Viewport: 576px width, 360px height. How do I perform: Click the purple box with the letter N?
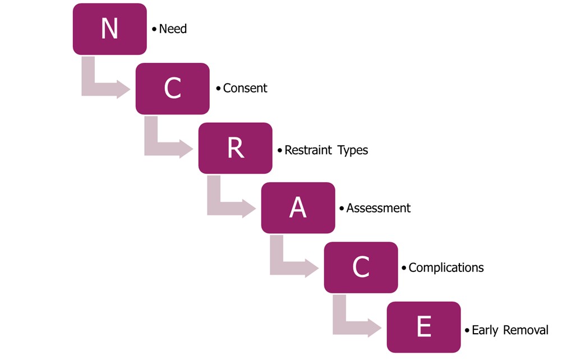pyautogui.click(x=109, y=29)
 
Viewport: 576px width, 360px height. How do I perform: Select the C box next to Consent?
pyautogui.click(x=173, y=89)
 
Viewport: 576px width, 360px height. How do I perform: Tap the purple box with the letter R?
pyautogui.click(x=236, y=148)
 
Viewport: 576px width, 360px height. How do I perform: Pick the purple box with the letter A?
pyautogui.click(x=298, y=208)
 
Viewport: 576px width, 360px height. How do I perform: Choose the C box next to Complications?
pyautogui.click(x=361, y=267)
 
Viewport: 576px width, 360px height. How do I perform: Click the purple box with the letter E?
pyautogui.click(x=424, y=327)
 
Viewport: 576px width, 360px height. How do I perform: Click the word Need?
pyautogui.click(x=173, y=29)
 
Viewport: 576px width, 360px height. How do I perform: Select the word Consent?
pyautogui.click(x=245, y=88)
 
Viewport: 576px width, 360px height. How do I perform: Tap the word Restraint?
pyautogui.click(x=308, y=150)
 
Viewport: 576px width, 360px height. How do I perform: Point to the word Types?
pyautogui.click(x=353, y=151)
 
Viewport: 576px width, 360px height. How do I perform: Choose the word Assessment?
pyautogui.click(x=379, y=208)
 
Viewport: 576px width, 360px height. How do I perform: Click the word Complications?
pyautogui.click(x=446, y=268)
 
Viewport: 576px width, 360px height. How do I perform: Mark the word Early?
pyautogui.click(x=485, y=330)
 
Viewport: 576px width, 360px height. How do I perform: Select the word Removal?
pyautogui.click(x=526, y=330)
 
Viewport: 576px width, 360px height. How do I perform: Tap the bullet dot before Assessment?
pyautogui.click(x=342, y=209)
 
